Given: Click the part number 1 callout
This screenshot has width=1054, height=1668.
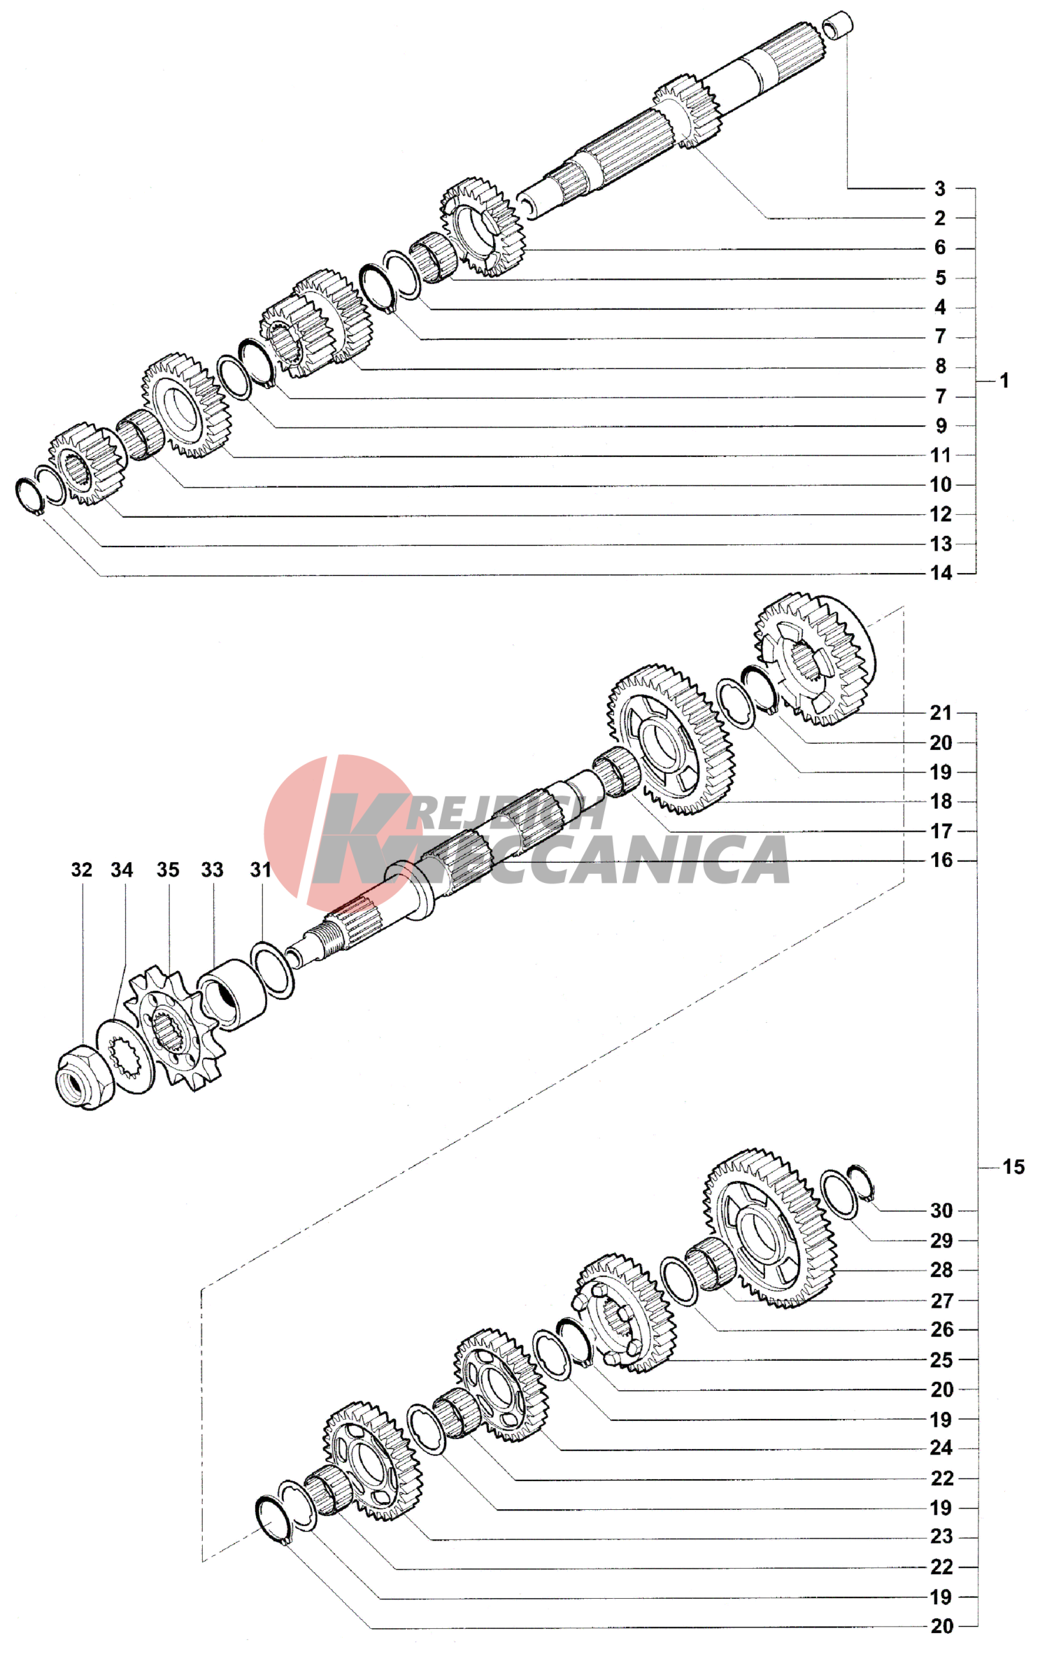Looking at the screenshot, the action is click(1004, 381).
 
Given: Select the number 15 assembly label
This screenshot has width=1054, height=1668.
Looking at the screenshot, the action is click(1013, 1167).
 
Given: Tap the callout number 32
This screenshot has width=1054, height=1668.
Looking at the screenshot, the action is click(82, 870).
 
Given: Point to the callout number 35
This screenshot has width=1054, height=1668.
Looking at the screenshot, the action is click(168, 870).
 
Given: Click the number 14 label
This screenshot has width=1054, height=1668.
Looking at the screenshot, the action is click(941, 573).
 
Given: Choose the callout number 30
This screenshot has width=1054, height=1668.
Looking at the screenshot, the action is click(941, 1210).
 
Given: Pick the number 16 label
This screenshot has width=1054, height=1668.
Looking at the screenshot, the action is click(941, 860).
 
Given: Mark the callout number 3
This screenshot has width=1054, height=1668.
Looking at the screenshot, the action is click(940, 188).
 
